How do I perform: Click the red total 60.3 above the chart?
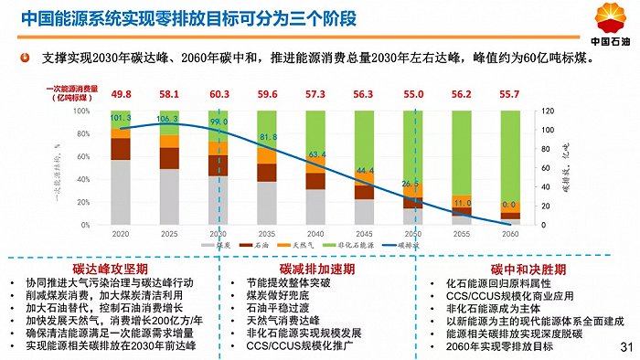click(x=219, y=94)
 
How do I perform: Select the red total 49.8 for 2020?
click(x=121, y=94)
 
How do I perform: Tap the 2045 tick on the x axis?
click(x=365, y=233)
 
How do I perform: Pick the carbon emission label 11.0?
click(x=463, y=203)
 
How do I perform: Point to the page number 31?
click(x=625, y=347)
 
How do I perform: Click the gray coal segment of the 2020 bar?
click(x=120, y=192)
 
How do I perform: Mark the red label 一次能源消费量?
click(x=69, y=90)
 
